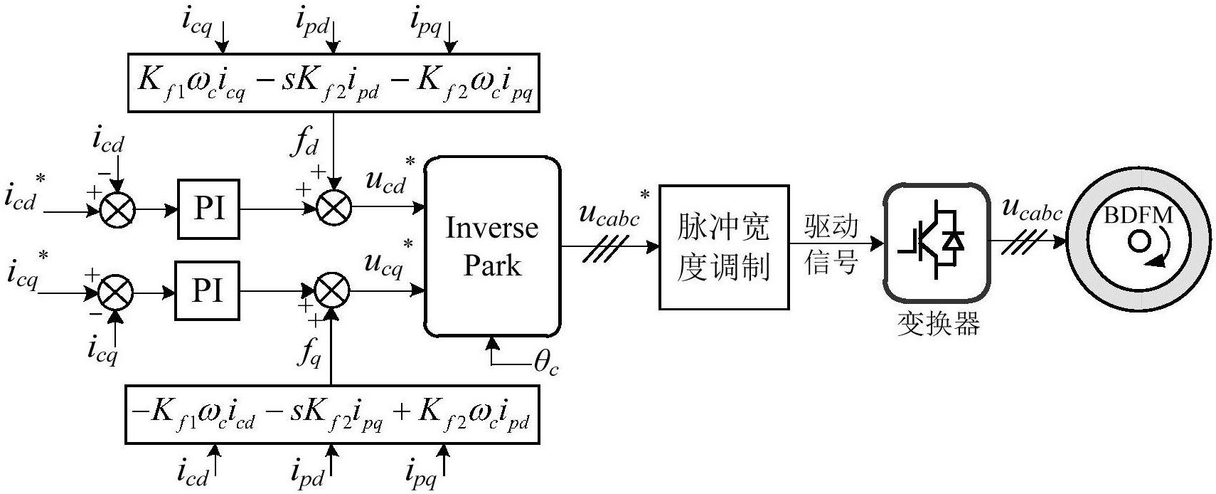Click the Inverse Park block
coord(492,247)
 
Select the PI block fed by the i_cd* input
coord(208,209)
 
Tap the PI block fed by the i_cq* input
coord(208,290)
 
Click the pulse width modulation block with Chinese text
coord(724,247)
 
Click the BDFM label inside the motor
coord(1138,215)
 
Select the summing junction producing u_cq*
coord(332,290)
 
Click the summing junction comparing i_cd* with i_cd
coord(117,211)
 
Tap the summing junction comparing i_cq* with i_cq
coord(116,292)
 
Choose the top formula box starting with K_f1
coord(334,83)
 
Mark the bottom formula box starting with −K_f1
coord(331,415)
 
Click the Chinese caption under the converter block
coord(939,325)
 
